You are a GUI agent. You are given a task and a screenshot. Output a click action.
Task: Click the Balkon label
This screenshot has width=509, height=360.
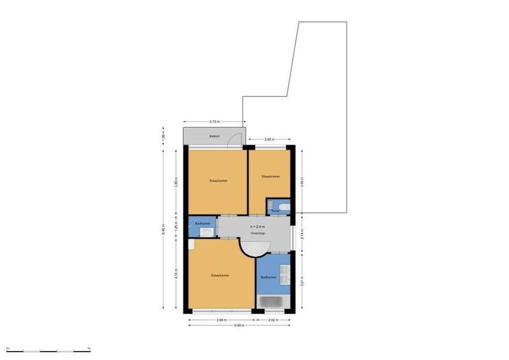point(214,136)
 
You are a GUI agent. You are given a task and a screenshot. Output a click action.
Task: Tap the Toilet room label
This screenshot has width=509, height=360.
point(275,211)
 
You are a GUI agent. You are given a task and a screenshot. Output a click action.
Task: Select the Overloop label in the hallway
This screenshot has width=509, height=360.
point(257,233)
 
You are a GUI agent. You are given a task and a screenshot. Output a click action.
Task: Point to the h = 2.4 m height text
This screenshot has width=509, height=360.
point(257,227)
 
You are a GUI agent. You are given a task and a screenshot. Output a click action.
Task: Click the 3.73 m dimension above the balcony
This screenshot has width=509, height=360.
point(214,121)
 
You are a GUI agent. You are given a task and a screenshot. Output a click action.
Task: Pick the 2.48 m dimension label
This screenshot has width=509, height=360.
point(269,139)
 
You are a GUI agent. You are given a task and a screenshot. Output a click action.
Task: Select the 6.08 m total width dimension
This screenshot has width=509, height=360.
point(239,325)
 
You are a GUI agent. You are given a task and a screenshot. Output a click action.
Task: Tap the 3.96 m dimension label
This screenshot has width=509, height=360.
point(220,319)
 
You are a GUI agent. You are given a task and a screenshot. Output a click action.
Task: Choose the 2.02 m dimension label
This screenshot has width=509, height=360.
point(273,319)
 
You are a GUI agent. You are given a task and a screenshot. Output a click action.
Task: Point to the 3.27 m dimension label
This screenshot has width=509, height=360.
point(302,281)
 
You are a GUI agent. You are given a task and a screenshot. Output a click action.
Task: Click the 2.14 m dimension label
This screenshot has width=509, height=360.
point(302,233)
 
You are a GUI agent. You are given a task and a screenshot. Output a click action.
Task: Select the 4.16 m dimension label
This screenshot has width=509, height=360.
point(176,274)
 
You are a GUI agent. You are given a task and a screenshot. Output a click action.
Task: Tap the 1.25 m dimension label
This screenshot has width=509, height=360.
point(176,227)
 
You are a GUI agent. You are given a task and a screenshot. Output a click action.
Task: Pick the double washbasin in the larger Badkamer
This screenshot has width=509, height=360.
point(284,273)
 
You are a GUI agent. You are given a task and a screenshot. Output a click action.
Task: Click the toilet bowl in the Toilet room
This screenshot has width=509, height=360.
point(283,206)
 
